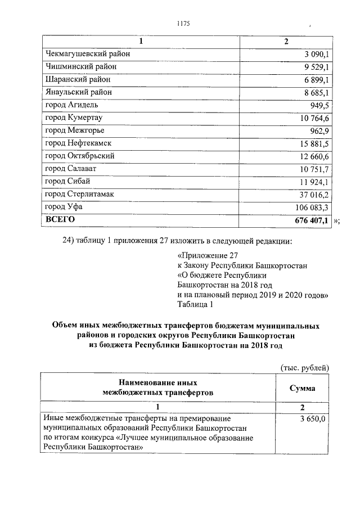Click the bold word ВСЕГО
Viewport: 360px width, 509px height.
(60, 219)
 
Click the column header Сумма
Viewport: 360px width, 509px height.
(302, 388)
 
